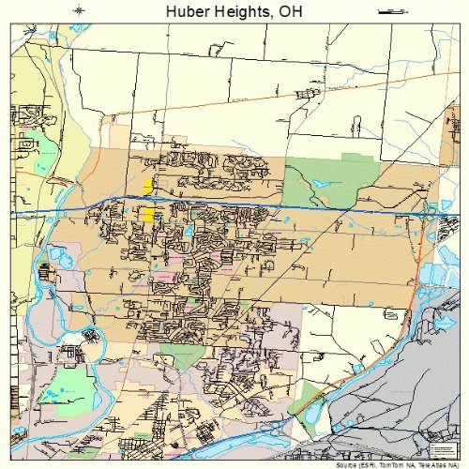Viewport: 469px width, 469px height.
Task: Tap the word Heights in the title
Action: point(244,12)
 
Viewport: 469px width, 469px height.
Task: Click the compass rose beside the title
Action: point(80,11)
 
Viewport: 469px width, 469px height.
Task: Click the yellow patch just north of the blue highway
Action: point(149,184)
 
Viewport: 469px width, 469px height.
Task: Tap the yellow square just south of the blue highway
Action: point(148,215)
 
